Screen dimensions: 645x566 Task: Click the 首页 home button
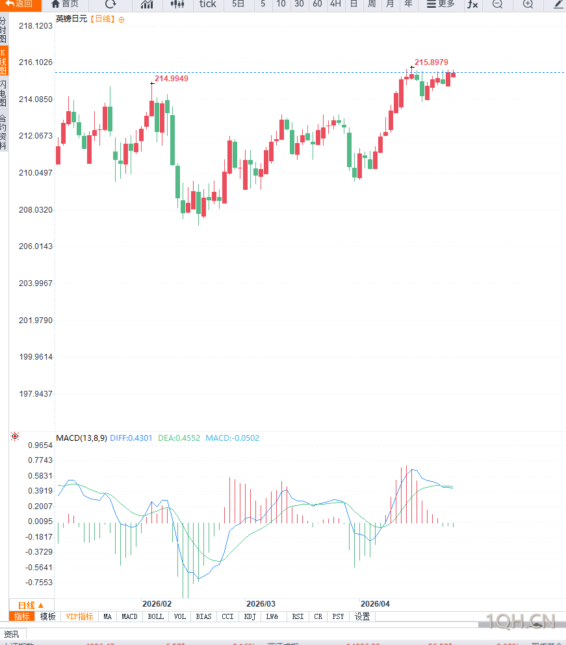pyautogui.click(x=64, y=4)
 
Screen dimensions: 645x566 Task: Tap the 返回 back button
pyautogui.click(x=19, y=4)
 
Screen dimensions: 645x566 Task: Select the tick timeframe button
pyautogui.click(x=207, y=4)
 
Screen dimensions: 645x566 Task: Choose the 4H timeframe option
pyautogui.click(x=335, y=4)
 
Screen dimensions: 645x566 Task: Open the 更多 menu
pyautogui.click(x=441, y=4)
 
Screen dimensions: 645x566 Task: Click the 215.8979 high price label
pyautogui.click(x=431, y=62)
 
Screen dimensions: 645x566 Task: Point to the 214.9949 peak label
pyautogui.click(x=172, y=78)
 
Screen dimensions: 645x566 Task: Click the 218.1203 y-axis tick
pyautogui.click(x=35, y=26)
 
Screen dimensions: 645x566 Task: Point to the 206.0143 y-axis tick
pyautogui.click(x=35, y=246)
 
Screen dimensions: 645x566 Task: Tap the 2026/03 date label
pyautogui.click(x=261, y=603)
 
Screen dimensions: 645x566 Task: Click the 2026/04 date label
pyautogui.click(x=375, y=603)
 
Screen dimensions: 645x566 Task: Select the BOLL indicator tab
pyautogui.click(x=155, y=616)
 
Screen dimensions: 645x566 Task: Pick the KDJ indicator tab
pyautogui.click(x=250, y=616)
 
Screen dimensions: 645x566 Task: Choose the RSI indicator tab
pyautogui.click(x=298, y=616)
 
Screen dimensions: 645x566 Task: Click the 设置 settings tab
pyautogui.click(x=362, y=616)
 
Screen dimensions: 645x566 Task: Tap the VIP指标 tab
pyautogui.click(x=79, y=616)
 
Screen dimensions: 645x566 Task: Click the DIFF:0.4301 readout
pyautogui.click(x=131, y=438)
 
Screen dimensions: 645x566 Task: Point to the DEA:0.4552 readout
pyautogui.click(x=179, y=438)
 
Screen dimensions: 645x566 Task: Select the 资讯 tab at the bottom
pyautogui.click(x=12, y=634)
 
